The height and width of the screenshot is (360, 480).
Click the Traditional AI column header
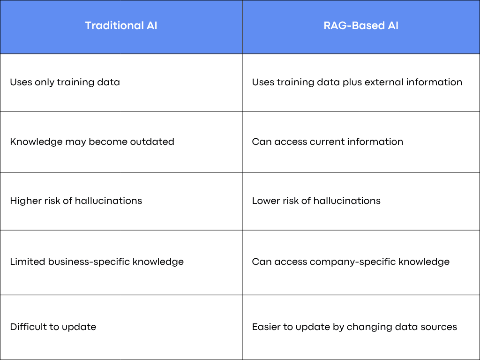click(121, 25)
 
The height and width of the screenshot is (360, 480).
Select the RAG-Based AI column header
click(361, 25)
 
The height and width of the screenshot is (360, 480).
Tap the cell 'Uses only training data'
click(65, 82)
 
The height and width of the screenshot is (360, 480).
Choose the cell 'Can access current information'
click(328, 142)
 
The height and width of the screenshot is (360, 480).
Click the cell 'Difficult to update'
click(53, 327)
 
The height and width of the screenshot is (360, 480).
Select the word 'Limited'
click(28, 262)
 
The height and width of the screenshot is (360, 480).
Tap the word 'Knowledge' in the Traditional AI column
click(36, 142)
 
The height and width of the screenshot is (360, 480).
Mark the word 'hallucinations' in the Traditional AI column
click(108, 201)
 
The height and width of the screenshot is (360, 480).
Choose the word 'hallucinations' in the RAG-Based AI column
click(347, 201)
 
